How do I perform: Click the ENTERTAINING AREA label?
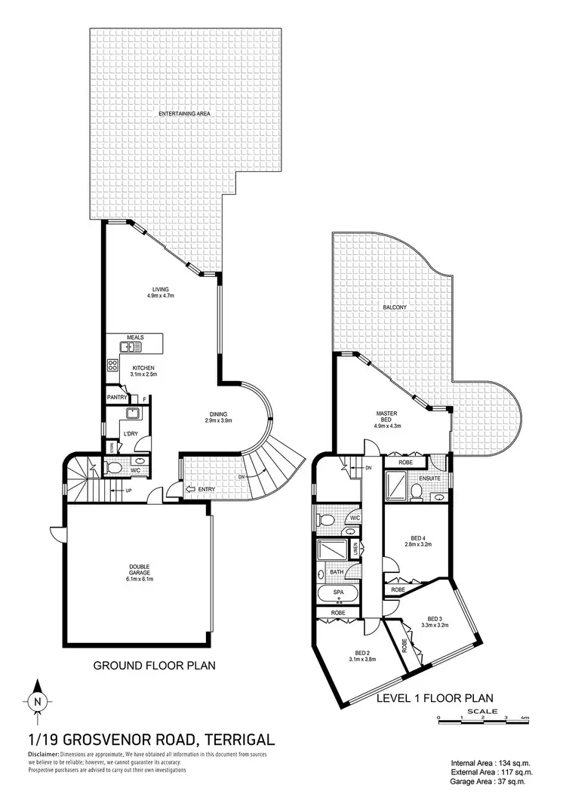[183, 113]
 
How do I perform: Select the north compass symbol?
[38, 702]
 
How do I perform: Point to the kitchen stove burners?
[113, 365]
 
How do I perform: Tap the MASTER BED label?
[386, 418]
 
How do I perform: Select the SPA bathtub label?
[339, 594]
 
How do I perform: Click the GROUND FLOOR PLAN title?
[154, 666]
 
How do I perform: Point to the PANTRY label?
[117, 398]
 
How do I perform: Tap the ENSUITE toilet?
[416, 492]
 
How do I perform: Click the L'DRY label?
[130, 434]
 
